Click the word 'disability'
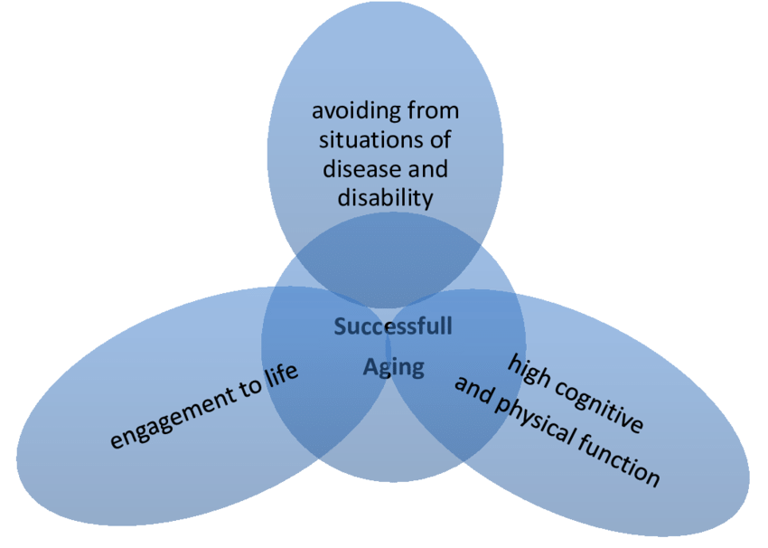pos(386,199)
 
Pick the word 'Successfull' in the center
pos(393,326)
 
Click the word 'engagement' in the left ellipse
pos(173,416)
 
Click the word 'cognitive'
pos(599,405)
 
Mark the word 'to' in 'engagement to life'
pos(249,388)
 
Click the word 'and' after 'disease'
pos(428,169)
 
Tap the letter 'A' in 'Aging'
pos(370,366)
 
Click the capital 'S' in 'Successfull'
pos(340,326)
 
